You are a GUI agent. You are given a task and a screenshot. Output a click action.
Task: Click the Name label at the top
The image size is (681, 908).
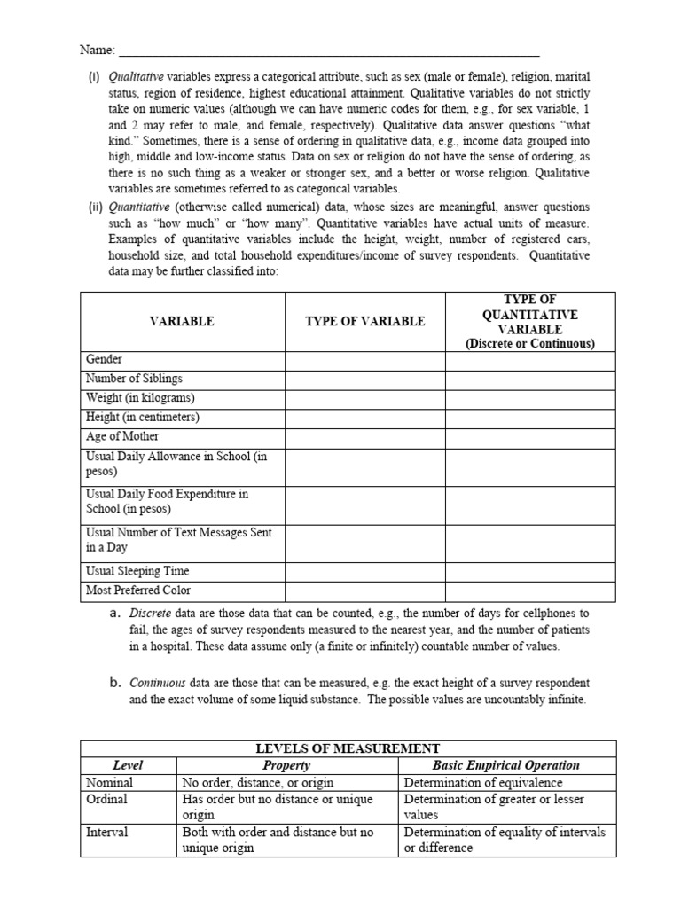[97, 50]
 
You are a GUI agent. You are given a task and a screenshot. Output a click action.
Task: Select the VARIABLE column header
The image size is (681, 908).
[182, 321]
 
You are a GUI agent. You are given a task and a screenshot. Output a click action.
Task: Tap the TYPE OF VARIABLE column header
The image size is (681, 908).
[364, 321]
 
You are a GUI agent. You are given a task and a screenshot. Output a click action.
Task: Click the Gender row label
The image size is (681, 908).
[105, 360]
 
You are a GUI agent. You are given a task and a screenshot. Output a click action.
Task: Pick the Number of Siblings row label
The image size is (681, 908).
[134, 380]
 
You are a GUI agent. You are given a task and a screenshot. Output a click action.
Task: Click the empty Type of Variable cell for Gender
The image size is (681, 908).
[364, 360]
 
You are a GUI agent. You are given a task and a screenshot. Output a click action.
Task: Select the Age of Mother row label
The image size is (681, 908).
[122, 437]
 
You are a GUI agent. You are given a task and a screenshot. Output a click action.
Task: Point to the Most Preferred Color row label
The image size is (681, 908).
[138, 591]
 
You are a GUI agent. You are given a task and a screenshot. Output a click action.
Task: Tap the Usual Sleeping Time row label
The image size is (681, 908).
[137, 571]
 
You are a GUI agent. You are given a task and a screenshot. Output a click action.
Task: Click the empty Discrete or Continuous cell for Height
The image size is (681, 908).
[529, 418]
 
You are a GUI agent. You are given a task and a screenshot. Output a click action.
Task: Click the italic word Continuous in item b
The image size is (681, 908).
[157, 684]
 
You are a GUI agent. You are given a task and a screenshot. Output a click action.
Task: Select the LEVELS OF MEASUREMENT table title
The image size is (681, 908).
[348, 749]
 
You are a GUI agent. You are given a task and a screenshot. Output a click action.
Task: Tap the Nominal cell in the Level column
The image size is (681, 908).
[109, 783]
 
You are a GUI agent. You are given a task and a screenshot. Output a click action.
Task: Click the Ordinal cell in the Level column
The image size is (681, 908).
[106, 800]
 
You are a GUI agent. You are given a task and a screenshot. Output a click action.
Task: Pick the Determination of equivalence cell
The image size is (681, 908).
[483, 783]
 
